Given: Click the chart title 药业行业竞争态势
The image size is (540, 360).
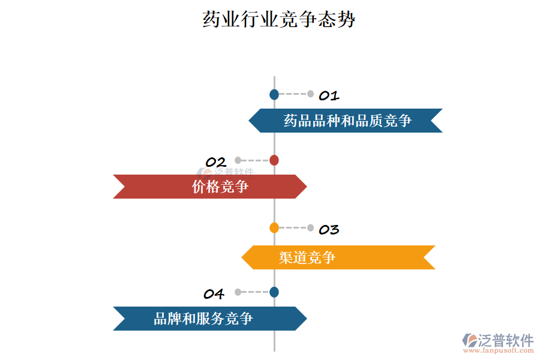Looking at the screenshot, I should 279,19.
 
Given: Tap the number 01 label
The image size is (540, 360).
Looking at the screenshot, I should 329,95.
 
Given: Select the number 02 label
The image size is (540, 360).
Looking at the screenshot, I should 215,162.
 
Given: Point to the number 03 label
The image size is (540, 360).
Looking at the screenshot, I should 329,229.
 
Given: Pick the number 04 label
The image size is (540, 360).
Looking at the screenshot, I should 214,294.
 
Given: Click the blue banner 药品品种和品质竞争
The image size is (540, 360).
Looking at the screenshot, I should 346,121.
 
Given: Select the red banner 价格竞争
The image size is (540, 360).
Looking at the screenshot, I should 210,187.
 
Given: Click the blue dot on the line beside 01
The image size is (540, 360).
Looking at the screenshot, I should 274,94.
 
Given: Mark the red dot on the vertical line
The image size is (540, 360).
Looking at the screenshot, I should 274,160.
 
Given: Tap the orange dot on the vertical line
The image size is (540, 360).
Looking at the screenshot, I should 274,227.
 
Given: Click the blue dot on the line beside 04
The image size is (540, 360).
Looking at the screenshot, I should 274,292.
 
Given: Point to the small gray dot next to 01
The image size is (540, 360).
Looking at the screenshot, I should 310,94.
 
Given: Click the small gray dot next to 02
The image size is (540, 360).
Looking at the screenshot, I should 238,160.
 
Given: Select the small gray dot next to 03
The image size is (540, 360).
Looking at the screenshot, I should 310,227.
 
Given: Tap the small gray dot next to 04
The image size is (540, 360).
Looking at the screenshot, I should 238,292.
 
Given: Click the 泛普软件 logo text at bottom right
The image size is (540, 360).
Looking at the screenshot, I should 505,340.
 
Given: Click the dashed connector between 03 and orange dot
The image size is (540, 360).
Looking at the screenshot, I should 292,227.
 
